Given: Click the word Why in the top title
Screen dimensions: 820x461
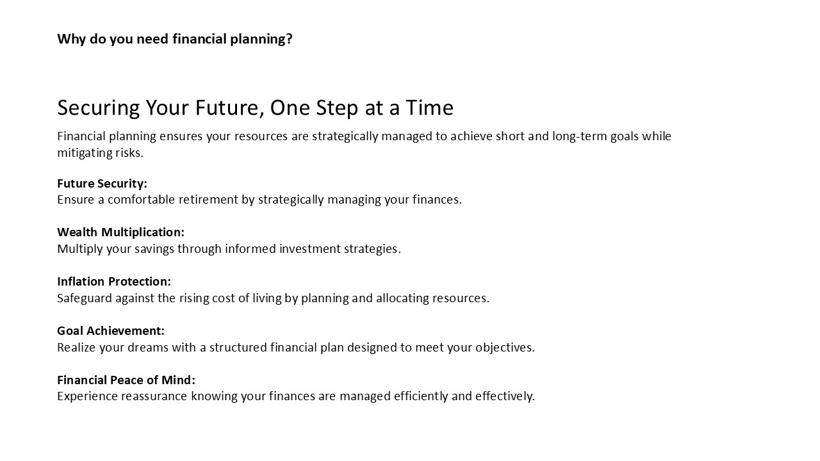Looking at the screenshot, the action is coord(71,39).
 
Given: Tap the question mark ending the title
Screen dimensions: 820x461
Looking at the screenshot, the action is coord(289,39).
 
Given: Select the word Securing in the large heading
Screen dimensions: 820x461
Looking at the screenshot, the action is coord(99,108).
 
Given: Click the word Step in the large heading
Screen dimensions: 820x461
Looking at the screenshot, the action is coord(337,108).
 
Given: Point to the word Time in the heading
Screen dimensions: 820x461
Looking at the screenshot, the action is coord(429,108).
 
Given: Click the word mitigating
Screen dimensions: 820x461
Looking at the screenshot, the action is coord(85,153).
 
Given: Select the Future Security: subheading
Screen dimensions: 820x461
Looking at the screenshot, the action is coord(102,183).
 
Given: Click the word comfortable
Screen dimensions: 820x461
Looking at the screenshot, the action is coord(142,200).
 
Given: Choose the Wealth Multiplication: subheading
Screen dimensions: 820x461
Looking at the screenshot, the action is coord(121,232).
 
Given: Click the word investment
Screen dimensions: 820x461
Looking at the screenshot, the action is coord(309,249).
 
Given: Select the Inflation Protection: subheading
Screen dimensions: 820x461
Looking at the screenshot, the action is coord(114,281).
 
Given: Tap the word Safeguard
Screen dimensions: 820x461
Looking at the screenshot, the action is coord(85,298).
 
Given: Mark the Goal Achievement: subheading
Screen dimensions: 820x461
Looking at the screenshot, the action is coord(111,331).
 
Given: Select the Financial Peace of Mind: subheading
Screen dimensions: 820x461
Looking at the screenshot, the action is coord(126,380).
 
